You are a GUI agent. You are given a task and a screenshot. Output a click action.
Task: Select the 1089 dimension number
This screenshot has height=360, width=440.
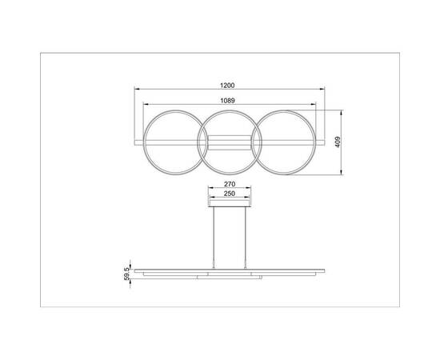point(227,99)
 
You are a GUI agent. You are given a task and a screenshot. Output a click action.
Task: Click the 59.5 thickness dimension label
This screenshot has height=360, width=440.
point(126,274)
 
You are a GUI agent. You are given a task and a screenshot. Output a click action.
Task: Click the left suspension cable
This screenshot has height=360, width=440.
point(214,236)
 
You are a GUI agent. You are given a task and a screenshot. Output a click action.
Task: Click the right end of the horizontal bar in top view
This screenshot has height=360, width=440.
point(322,142)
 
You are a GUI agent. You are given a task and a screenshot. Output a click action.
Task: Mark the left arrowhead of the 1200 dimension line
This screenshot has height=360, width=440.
point(135,89)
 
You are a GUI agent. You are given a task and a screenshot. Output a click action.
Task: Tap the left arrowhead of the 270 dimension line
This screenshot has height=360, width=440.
point(210,188)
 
